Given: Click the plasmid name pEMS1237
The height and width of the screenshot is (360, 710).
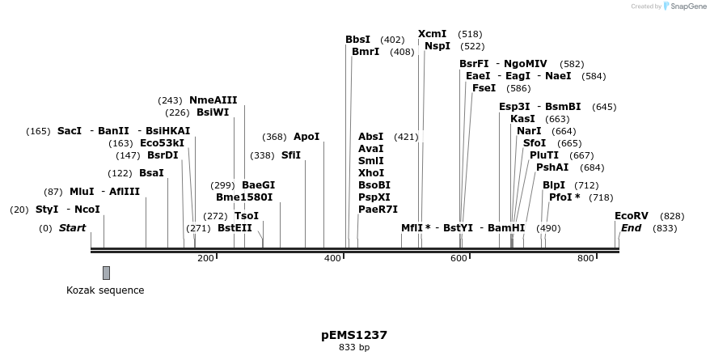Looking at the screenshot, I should (354, 334).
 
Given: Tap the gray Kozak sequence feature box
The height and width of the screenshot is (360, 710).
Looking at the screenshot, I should (106, 273).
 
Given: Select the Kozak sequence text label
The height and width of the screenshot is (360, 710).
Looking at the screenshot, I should (105, 290).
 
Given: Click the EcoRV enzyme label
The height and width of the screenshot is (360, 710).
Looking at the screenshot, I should (631, 216).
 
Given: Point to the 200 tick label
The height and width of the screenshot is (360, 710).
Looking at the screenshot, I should (205, 258).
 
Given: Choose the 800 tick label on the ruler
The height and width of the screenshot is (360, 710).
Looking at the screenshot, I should (585, 258).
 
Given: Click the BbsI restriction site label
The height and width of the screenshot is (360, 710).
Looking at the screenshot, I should (357, 40).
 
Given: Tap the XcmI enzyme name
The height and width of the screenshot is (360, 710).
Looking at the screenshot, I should (432, 34).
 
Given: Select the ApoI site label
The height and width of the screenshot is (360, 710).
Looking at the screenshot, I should (306, 137).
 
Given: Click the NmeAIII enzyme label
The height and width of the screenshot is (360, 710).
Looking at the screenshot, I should (213, 100).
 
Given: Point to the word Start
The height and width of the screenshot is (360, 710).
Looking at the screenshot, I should (72, 228).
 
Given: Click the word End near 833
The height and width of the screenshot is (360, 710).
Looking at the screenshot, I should (631, 228).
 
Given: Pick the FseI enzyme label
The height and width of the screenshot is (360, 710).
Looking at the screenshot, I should (484, 88).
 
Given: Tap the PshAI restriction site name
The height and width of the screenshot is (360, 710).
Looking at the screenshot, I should (552, 167).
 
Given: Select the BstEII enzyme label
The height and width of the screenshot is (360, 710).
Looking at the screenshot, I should (235, 228).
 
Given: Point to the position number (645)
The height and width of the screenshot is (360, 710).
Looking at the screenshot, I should (604, 107).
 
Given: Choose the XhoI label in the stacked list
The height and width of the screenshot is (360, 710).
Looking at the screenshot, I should (371, 173).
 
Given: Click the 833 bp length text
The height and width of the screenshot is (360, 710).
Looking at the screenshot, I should (354, 348).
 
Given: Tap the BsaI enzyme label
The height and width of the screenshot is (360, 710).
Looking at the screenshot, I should (151, 173).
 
